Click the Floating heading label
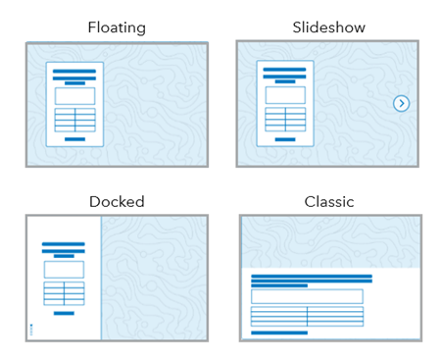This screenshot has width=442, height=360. tap(117, 27)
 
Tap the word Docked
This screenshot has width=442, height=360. tap(117, 202)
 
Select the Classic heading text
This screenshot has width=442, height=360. tap(328, 202)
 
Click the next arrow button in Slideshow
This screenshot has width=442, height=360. tap(401, 103)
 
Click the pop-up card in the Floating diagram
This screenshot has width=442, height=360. tap(74, 103)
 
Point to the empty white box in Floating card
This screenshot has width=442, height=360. tap(74, 96)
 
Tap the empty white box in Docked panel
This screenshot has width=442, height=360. tap(64, 269)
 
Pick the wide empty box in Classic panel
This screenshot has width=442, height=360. tap(307, 296)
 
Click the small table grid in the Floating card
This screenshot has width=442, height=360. tap(74, 120)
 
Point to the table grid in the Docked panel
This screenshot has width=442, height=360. tap(64, 293)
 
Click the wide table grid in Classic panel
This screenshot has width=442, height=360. tap(307, 317)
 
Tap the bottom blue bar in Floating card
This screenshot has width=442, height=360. tap(74, 139)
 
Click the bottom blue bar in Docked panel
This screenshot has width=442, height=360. tap(64, 313)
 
